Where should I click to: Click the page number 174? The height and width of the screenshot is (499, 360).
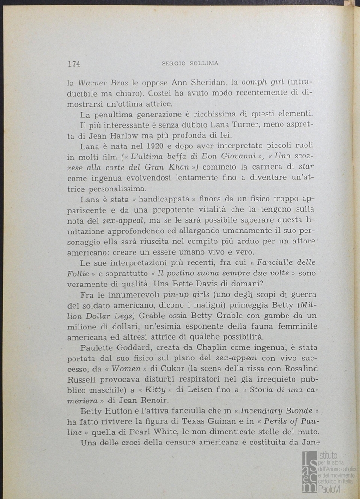click(74, 64)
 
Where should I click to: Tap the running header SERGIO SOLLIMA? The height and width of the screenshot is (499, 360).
click(190, 63)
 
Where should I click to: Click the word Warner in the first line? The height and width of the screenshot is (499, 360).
click(94, 83)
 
